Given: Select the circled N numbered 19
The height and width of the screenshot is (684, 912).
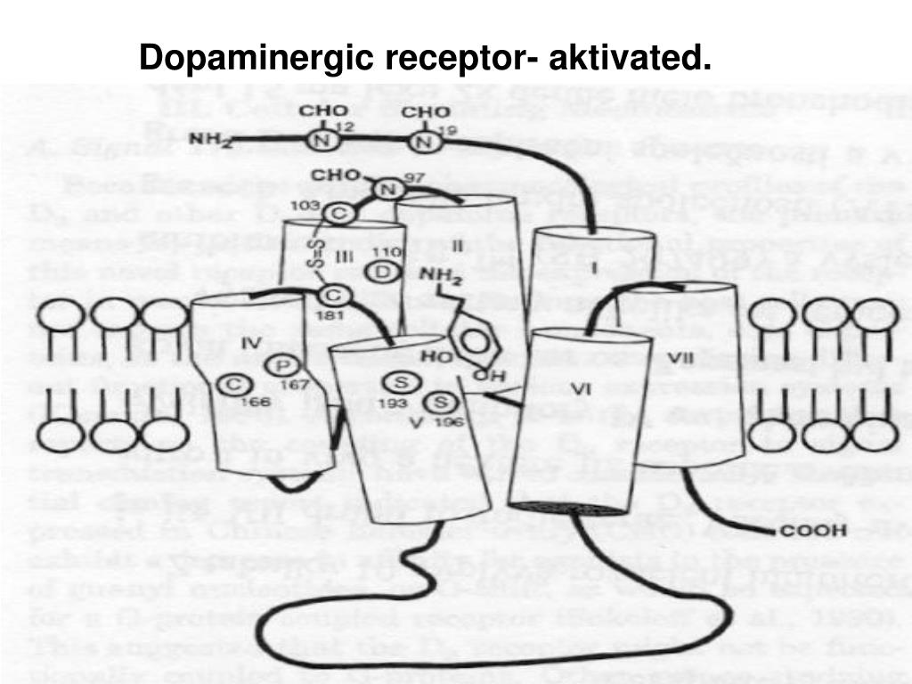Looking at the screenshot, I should click(427, 142).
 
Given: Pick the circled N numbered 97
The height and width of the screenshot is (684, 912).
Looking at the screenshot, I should click(386, 190).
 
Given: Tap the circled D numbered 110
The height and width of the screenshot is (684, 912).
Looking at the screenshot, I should click(383, 271).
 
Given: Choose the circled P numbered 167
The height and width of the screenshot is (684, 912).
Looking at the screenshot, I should click(285, 365).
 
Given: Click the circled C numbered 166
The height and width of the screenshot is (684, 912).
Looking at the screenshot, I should click(235, 383).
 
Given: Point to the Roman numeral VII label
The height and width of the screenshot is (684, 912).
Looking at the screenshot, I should click(681, 358).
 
